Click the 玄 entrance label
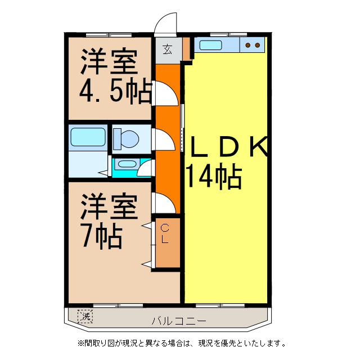coord(168,49)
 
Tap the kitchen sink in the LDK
coord(217,45)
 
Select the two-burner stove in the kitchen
coord(253,45)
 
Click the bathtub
coord(88,137)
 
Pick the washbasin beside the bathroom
coord(127,165)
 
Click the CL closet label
coord(165,233)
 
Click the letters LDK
coord(228,147)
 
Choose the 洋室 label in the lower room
coord(109,208)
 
